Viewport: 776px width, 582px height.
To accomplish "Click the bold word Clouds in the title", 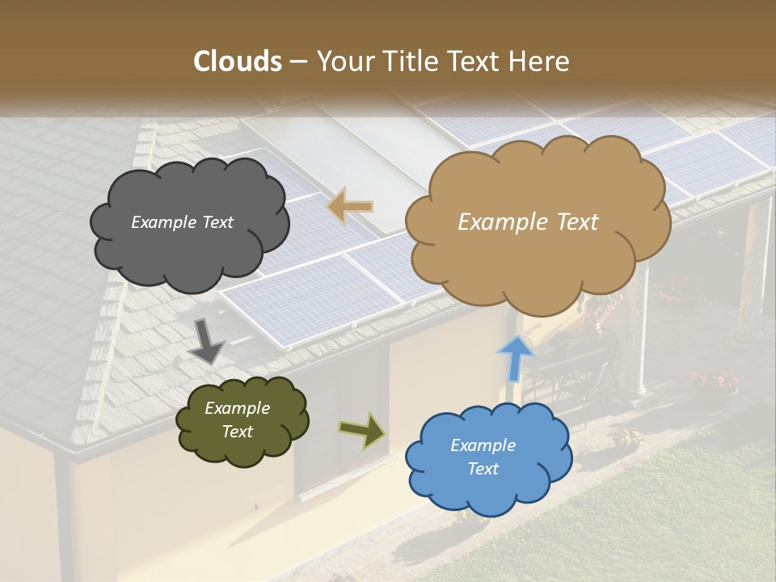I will click(238, 61).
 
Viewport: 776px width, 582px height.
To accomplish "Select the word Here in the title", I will click(540, 61).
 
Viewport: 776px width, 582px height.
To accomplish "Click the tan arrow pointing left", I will click(350, 206).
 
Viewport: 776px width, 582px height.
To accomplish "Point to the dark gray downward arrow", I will click(206, 339).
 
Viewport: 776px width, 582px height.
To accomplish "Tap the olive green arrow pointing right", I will click(362, 430).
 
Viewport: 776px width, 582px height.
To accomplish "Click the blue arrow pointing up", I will click(515, 357).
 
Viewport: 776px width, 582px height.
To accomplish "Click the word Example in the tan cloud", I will click(501, 222).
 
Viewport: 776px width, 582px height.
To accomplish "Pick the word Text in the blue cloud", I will click(483, 469).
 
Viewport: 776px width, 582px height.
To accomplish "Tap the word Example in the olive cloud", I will click(237, 408).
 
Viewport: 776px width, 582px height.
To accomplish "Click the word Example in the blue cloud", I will click(483, 445).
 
